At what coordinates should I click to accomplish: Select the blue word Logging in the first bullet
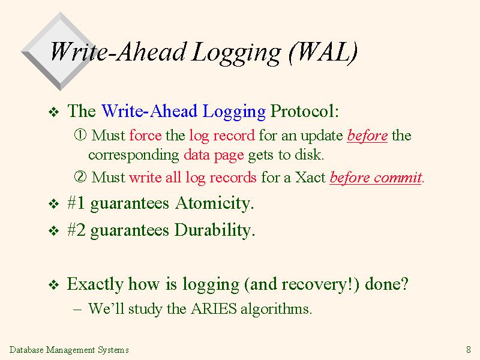point(234,112)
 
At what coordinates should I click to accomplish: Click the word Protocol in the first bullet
point(302,110)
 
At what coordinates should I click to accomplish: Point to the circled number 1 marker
point(80,134)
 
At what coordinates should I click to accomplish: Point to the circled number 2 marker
point(80,176)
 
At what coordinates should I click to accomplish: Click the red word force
point(145,135)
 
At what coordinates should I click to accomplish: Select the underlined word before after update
point(367,136)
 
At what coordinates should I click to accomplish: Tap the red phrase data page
point(214,155)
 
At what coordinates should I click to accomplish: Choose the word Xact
point(310,177)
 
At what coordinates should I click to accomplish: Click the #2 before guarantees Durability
point(76,230)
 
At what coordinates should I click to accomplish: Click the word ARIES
point(214,308)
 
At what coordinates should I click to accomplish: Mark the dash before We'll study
point(78,309)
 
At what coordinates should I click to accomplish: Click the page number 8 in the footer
point(469,349)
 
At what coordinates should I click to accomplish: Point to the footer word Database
point(26,350)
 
